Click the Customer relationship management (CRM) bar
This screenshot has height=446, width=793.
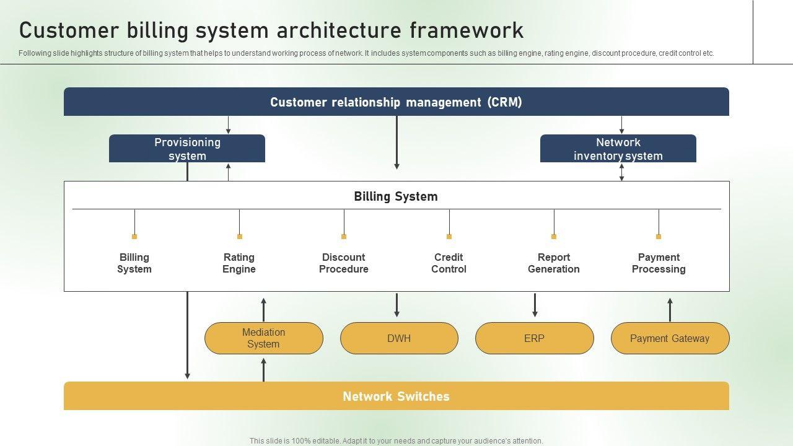(396, 102)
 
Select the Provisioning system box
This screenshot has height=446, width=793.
(187, 149)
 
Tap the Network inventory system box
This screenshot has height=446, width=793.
(618, 149)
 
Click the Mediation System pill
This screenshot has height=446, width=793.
(264, 338)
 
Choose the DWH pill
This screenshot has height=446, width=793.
(399, 338)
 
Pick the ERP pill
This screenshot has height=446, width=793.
(534, 338)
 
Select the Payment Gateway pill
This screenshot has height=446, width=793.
(670, 338)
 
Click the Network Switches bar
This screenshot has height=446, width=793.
(396, 396)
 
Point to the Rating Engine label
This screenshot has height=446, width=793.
(239, 263)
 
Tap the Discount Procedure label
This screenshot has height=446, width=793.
(344, 263)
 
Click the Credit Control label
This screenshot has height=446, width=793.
(449, 263)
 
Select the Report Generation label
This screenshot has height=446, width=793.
(554, 263)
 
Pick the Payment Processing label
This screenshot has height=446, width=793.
(659, 263)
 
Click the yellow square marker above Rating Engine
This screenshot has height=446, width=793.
(240, 237)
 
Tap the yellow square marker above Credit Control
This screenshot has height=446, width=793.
(449, 237)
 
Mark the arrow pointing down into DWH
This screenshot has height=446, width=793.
(397, 305)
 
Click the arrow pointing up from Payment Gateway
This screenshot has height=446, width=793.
(670, 310)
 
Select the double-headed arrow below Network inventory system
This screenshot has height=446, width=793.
(621, 172)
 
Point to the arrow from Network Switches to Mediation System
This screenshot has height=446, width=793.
(263, 370)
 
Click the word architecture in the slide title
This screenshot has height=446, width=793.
(339, 30)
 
